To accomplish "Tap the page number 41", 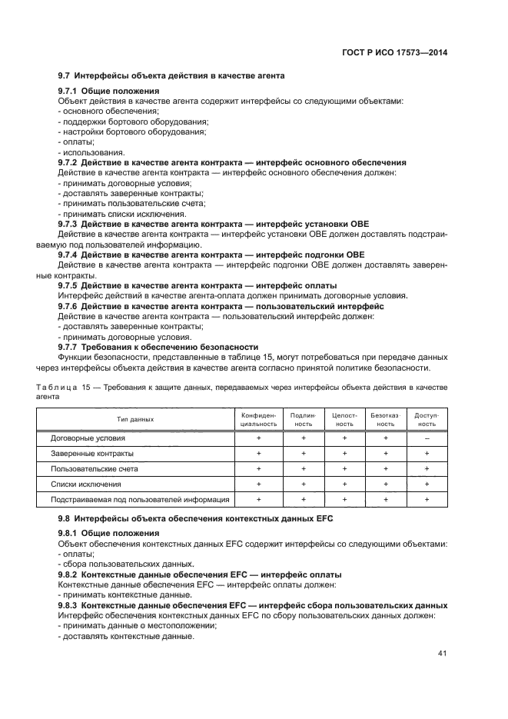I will (x=443, y=654).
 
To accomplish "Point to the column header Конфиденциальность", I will (x=259, y=419).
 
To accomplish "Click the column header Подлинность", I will (x=304, y=419).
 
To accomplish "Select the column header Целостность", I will (x=345, y=419).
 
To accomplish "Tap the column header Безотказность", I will (x=386, y=419).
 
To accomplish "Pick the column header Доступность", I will (x=427, y=419).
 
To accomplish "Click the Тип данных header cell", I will (x=135, y=419).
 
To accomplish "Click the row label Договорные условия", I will (x=83, y=438).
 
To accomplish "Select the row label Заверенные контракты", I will (x=87, y=453).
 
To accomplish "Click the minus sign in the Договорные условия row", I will (x=427, y=438).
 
